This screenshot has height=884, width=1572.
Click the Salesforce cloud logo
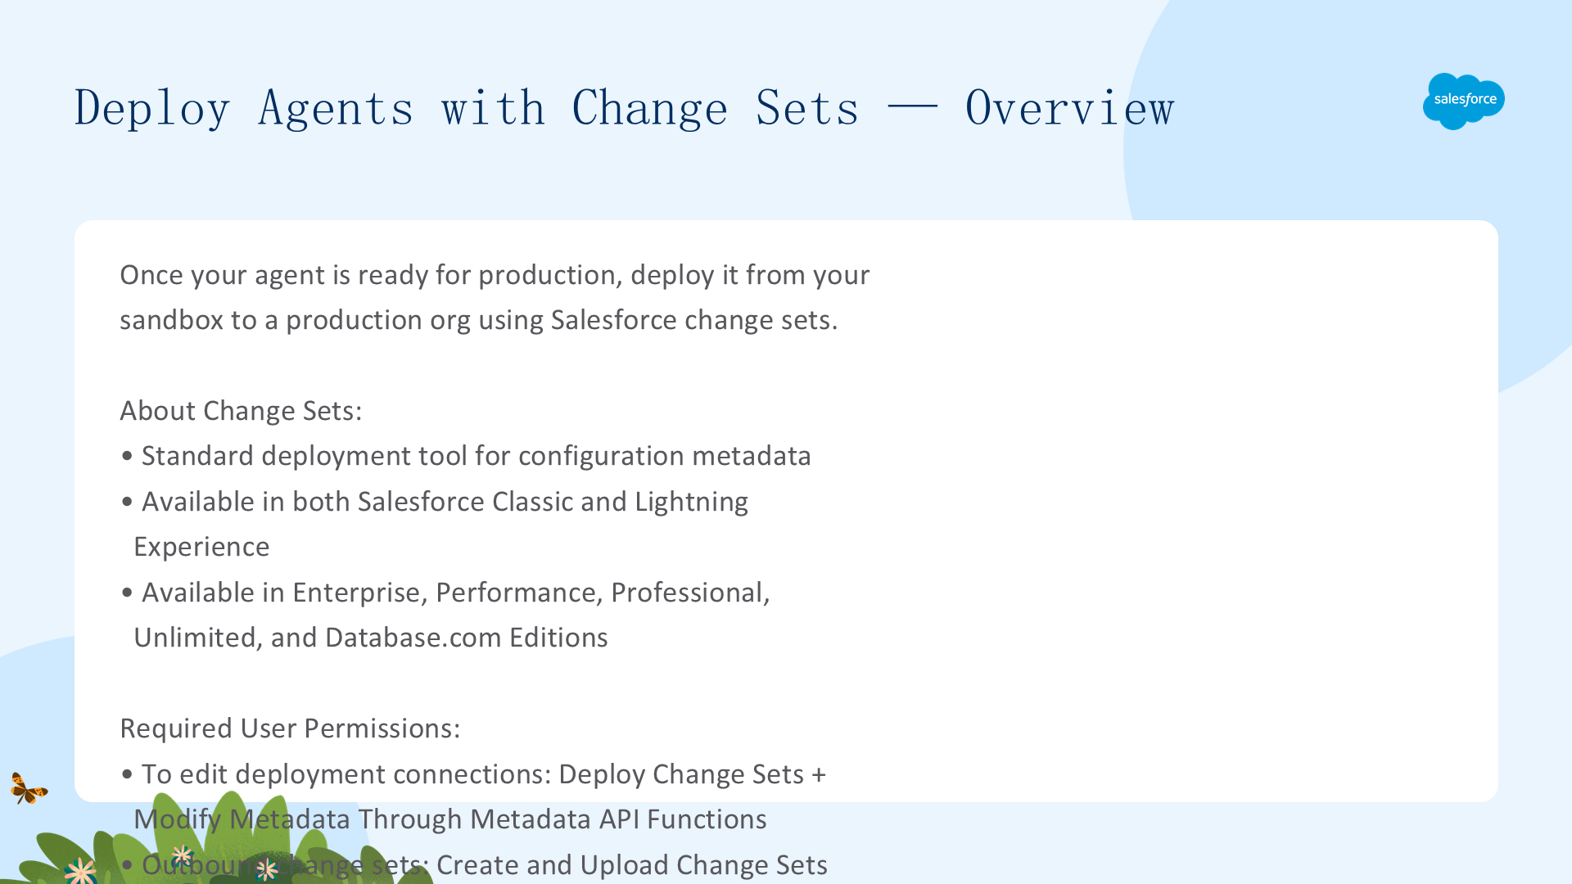pos(1464,101)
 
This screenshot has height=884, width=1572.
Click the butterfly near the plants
pos(29,788)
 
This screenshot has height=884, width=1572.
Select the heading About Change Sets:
pos(241,411)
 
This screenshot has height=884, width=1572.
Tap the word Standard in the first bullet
pos(197,456)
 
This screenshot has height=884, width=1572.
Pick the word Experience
pos(201,548)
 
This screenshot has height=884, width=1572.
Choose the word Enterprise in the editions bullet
pos(359,593)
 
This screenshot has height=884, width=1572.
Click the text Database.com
pos(413,638)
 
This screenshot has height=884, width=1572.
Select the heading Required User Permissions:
pos(290,728)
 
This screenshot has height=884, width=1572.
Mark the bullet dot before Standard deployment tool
pos(127,457)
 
